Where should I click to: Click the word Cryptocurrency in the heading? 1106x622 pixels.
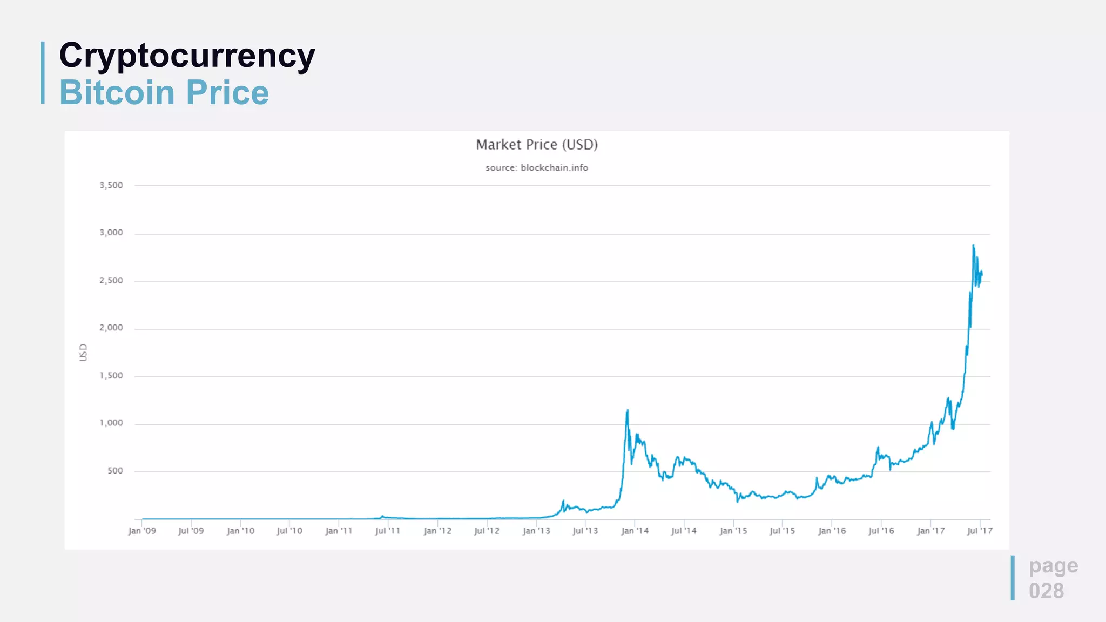pyautogui.click(x=187, y=56)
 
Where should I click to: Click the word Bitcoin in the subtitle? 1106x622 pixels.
pyautogui.click(x=117, y=92)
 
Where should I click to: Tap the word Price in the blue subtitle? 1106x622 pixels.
pyautogui.click(x=227, y=92)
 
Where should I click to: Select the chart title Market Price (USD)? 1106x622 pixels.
pyautogui.click(x=537, y=145)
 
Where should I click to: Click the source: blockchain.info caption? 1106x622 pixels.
pyautogui.click(x=537, y=168)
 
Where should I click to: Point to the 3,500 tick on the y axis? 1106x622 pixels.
pyautogui.click(x=111, y=185)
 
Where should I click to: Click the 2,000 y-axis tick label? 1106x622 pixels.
pyautogui.click(x=111, y=328)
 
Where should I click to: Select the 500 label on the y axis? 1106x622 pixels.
pyautogui.click(x=115, y=471)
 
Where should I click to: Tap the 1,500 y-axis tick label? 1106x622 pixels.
pyautogui.click(x=111, y=375)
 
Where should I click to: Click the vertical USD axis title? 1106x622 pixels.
pyautogui.click(x=83, y=353)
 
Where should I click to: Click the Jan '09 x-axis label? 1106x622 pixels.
pyautogui.click(x=142, y=531)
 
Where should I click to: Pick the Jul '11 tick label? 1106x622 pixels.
pyautogui.click(x=388, y=531)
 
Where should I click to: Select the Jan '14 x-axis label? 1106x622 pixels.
pyautogui.click(x=635, y=531)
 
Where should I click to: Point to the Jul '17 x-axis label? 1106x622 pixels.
pyautogui.click(x=980, y=531)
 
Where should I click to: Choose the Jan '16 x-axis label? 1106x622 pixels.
pyautogui.click(x=832, y=531)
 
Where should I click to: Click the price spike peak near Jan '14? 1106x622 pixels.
pyautogui.click(x=627, y=410)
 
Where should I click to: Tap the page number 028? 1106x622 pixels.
pyautogui.click(x=1046, y=591)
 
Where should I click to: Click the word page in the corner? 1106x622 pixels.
pyautogui.click(x=1053, y=565)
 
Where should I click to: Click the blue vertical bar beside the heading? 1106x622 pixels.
pyautogui.click(x=43, y=72)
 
